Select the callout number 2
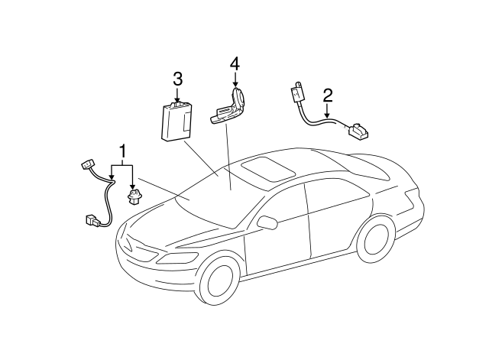pos(327,96)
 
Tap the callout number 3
pos(177,79)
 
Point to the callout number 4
pos(235,64)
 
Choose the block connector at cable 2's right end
pos(357,132)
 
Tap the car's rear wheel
pos(377,237)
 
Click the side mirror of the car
pos(267,222)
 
